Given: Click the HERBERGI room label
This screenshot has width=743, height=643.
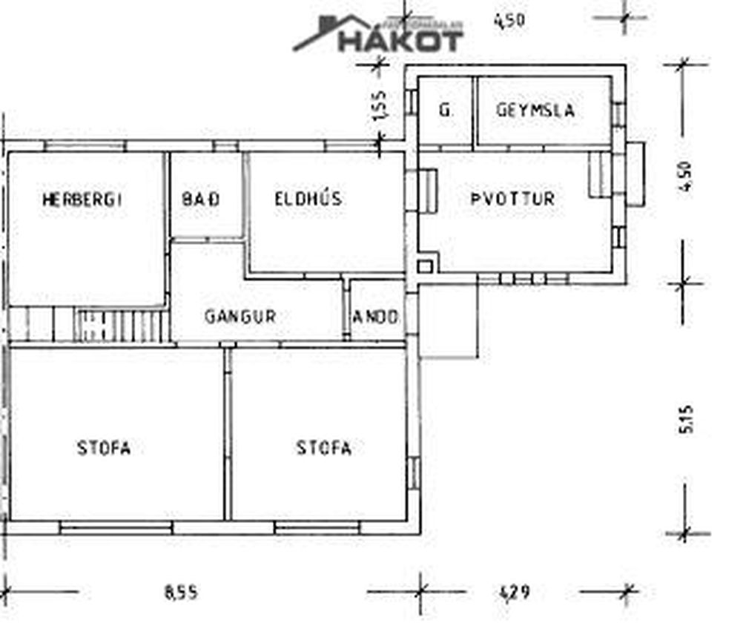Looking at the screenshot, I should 82,200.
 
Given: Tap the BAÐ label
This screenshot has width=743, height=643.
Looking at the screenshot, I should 201,200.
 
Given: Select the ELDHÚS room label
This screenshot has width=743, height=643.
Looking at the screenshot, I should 308,199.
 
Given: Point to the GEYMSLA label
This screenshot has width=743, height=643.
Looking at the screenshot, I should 535,111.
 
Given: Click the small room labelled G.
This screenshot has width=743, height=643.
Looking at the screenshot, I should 445,111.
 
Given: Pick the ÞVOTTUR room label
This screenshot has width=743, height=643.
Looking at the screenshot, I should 512,199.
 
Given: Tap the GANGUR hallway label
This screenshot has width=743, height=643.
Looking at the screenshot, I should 240,317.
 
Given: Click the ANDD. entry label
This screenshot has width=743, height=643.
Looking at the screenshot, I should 377,317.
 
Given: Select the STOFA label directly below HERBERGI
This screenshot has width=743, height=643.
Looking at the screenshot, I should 104,448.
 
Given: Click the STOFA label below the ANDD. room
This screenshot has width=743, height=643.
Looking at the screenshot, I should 324,448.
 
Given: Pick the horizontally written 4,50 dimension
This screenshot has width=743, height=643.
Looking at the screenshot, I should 509,20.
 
